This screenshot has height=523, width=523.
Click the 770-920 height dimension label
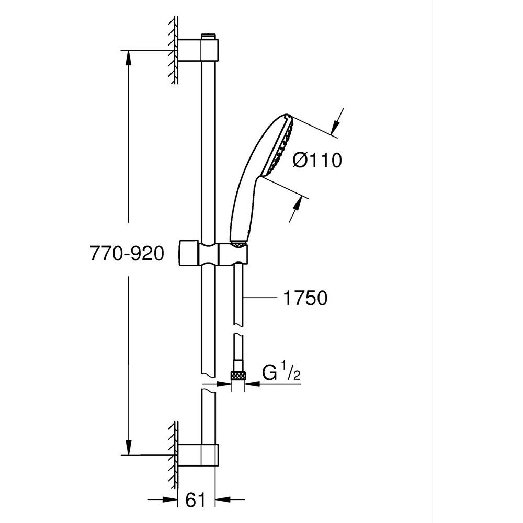click(x=127, y=254)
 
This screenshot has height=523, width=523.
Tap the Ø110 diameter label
click(x=317, y=161)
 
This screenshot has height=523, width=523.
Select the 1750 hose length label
click(x=306, y=298)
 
